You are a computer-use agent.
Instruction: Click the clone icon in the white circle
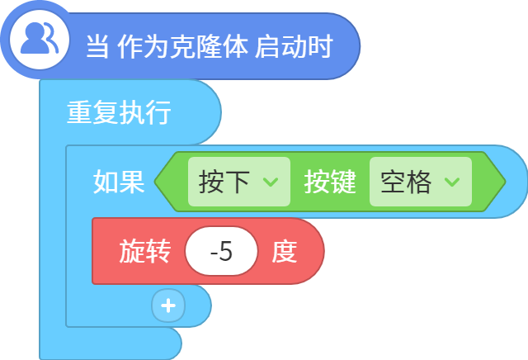tap(40, 39)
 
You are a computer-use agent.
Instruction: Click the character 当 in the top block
tap(97, 46)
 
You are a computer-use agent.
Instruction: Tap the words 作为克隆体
tap(183, 46)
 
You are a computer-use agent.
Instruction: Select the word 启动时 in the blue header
tap(294, 46)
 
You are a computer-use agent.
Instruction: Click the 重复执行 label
tap(119, 112)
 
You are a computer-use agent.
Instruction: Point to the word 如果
tap(119, 182)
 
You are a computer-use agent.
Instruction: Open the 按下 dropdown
tap(239, 182)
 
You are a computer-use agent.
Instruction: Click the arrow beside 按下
tap(271, 182)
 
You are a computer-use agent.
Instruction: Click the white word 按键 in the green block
tap(330, 182)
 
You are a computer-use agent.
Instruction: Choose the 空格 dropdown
tap(421, 182)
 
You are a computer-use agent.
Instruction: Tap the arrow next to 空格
tap(452, 182)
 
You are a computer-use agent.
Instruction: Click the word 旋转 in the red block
tap(145, 251)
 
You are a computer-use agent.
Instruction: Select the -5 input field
tap(221, 251)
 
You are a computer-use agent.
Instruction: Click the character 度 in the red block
tap(285, 251)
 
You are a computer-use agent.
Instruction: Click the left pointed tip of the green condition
tap(155, 182)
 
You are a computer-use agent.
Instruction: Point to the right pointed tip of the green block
tap(505, 182)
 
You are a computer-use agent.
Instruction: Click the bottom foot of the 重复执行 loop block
tap(111, 343)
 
